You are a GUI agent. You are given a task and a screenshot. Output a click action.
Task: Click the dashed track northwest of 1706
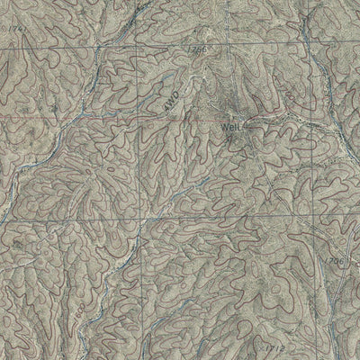point(297,225)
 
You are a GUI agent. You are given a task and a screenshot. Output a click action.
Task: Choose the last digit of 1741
point(15,31)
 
